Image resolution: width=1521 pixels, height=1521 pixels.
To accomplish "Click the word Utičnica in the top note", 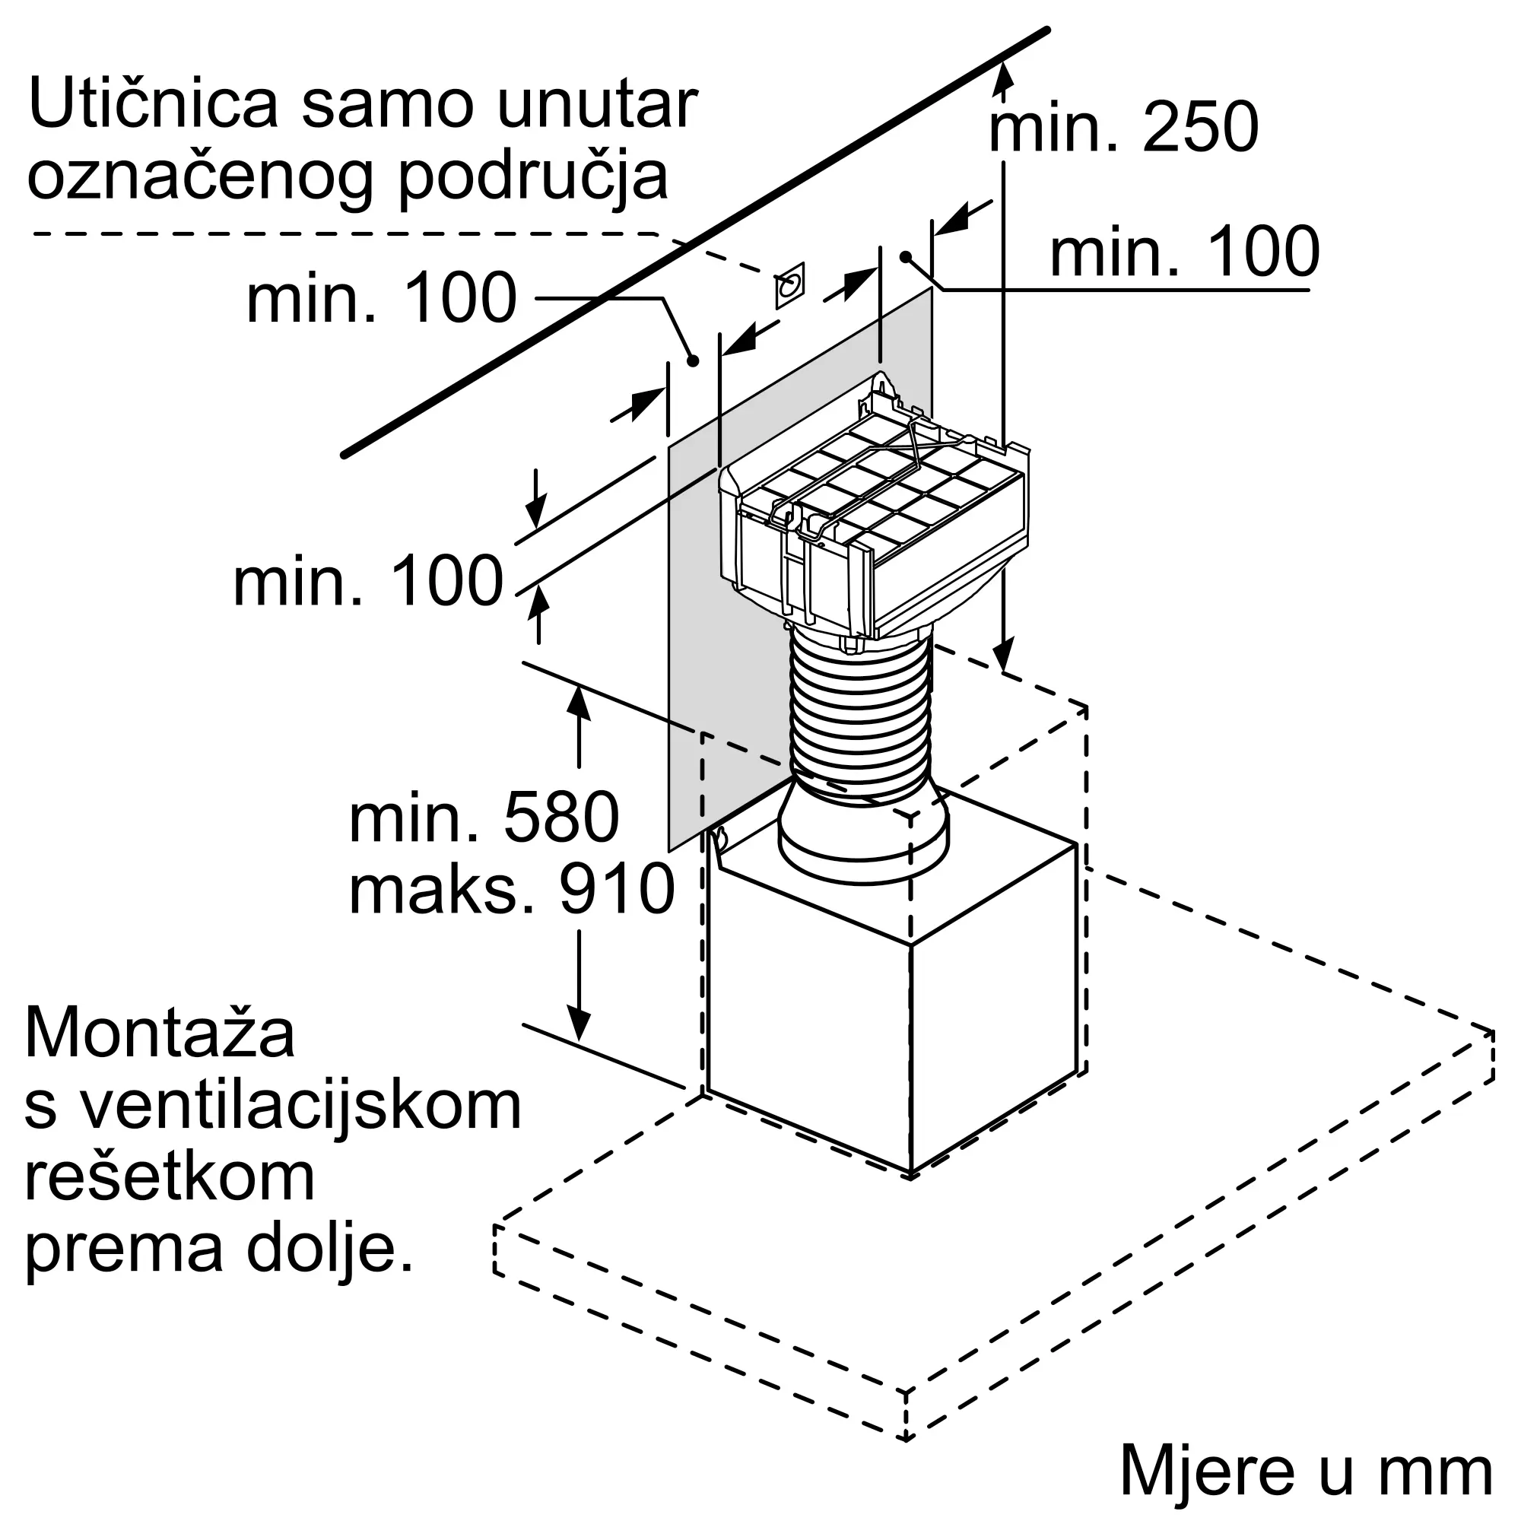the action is [153, 104].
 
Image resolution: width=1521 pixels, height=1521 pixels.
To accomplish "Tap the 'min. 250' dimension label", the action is [1123, 128].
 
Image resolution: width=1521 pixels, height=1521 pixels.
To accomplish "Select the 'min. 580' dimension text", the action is [484, 818].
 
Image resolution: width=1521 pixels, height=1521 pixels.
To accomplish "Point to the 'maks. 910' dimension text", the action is [511, 889].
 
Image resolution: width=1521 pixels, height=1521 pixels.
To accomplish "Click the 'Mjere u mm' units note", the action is [1306, 1471].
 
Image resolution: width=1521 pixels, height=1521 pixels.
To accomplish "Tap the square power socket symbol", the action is [789, 285].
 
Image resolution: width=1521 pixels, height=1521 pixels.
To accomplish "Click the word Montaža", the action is [160, 1033].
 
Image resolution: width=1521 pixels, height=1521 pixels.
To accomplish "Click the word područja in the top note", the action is [532, 178].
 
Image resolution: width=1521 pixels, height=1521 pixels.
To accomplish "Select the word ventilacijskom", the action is [301, 1105].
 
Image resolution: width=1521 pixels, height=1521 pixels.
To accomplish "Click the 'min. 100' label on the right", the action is [1184, 252].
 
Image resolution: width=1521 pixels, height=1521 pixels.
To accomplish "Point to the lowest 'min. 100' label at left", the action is [367, 582].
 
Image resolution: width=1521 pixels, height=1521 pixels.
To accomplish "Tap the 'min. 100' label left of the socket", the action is [381, 298].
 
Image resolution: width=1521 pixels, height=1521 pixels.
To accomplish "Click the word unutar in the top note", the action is [598, 104].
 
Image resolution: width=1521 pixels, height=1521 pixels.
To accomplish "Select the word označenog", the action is [200, 178].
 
